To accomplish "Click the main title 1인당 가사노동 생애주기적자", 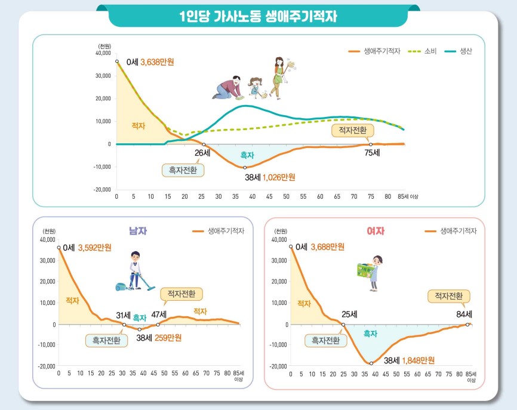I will [258, 16].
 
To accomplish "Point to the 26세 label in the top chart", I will [202, 153].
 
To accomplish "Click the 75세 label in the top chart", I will [372, 153].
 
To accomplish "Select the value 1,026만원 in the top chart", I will [279, 177].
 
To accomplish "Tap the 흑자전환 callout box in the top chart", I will [183, 170].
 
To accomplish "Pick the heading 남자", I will [137, 230].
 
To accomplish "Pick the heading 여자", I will [375, 230].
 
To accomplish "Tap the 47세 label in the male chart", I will [159, 315].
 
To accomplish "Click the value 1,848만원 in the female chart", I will [418, 360].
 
